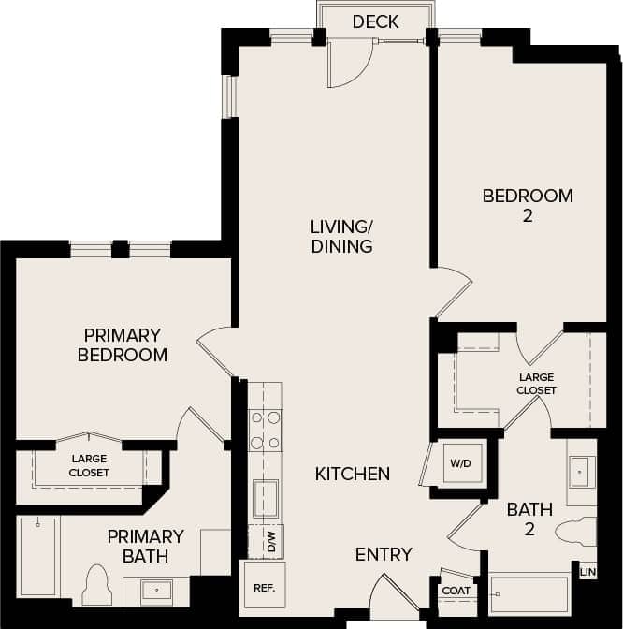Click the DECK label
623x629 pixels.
click(375, 22)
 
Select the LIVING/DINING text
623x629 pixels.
click(342, 236)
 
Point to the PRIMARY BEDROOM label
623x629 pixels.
click(123, 344)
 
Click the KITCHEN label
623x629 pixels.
click(352, 475)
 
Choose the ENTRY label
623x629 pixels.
click(384, 554)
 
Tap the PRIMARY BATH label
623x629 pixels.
click(145, 546)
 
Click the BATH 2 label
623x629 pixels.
click(529, 519)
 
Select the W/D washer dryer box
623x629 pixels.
click(459, 463)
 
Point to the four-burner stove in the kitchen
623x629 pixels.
click(265, 431)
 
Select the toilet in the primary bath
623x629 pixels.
click(96, 586)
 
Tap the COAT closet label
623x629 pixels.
click(456, 591)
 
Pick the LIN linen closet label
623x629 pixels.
click(587, 571)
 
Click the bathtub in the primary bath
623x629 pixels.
click(38, 556)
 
